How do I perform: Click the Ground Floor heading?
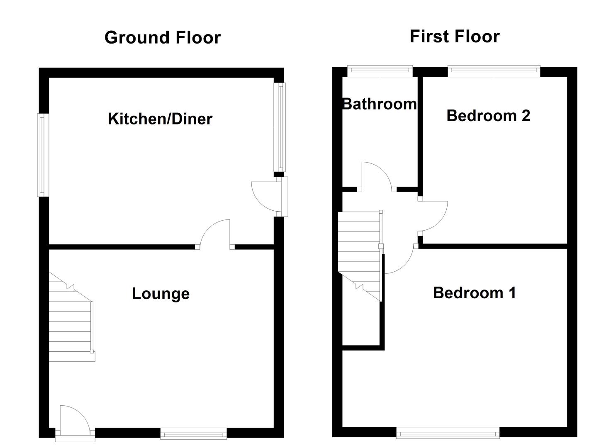click(x=162, y=37)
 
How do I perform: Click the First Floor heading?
click(x=454, y=36)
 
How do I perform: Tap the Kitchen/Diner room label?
click(x=160, y=119)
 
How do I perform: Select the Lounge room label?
click(x=161, y=293)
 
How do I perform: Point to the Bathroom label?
click(x=379, y=104)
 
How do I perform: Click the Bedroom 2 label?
click(x=488, y=115)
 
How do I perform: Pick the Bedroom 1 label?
click(x=474, y=293)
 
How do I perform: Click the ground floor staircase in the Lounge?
click(x=71, y=319)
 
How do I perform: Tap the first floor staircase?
click(x=360, y=253)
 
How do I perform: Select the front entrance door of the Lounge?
click(x=74, y=421)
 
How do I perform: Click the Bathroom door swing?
click(x=375, y=176)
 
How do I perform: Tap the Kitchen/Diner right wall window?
click(x=281, y=127)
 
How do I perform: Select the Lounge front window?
click(x=193, y=434)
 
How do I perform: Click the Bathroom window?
click(x=380, y=71)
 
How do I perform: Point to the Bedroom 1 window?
click(x=448, y=434)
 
